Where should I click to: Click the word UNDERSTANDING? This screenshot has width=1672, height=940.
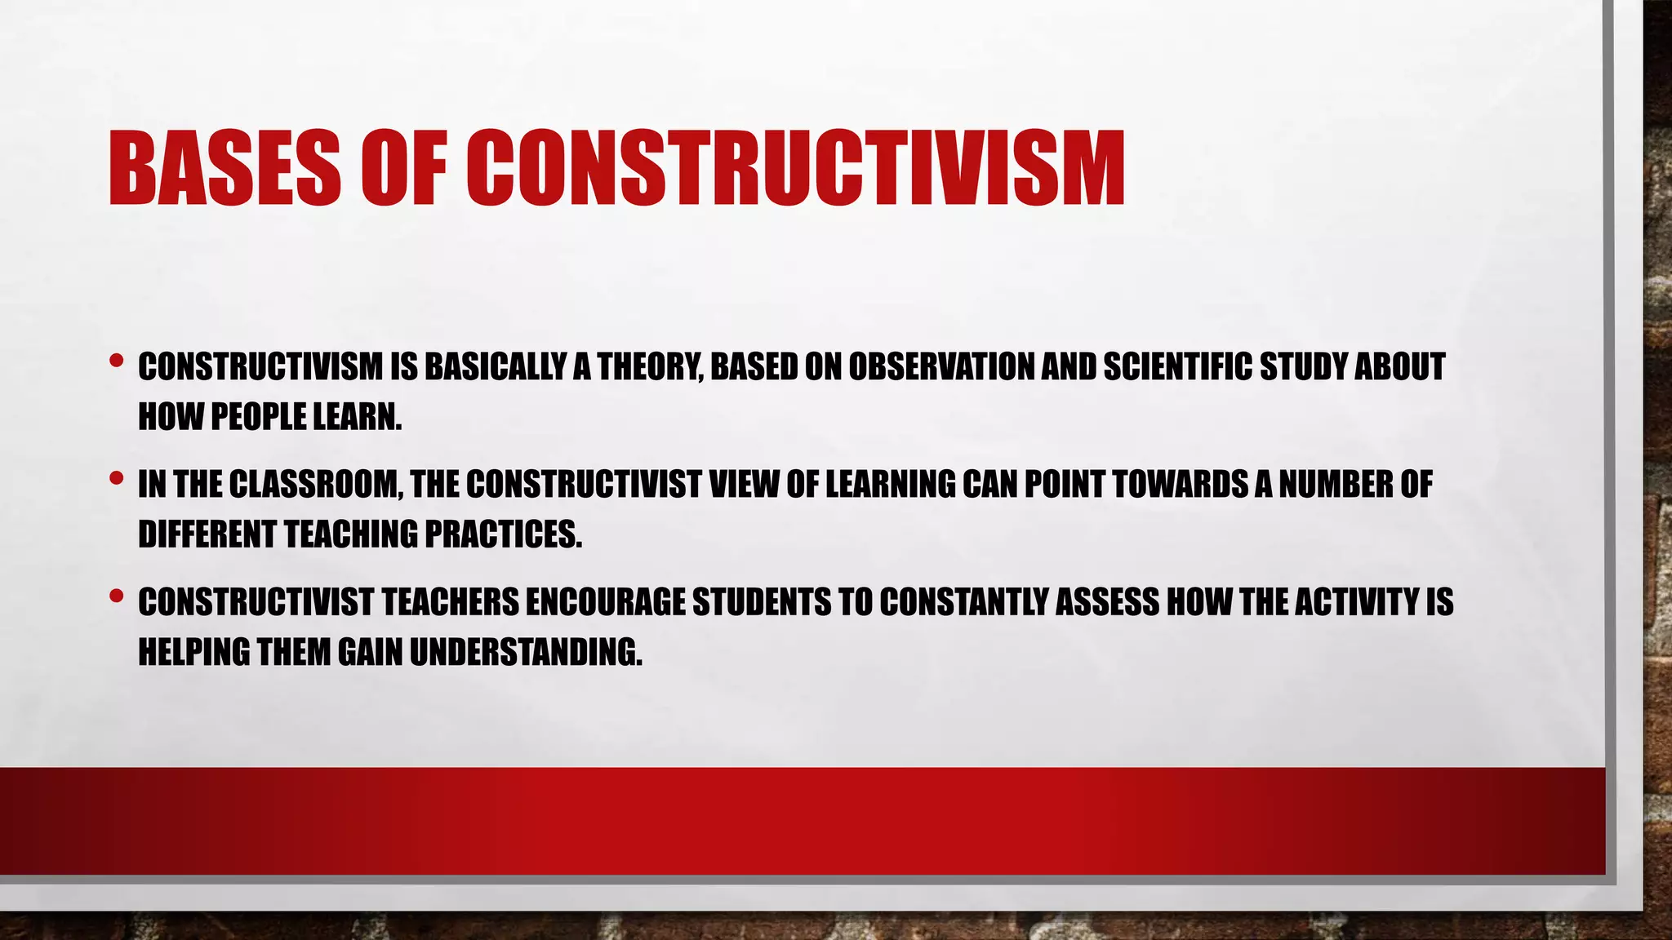[x=526, y=652]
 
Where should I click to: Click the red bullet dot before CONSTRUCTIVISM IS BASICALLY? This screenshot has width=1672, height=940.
[x=116, y=359]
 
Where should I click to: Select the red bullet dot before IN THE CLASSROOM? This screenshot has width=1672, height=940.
[x=116, y=477]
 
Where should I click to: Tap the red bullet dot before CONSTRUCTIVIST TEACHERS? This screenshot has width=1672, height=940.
[x=116, y=595]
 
